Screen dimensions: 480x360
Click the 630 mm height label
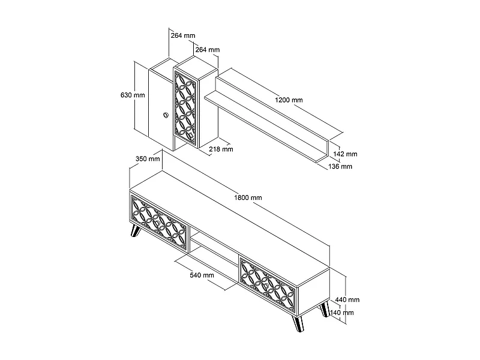click(133, 95)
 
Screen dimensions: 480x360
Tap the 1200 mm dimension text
click(289, 100)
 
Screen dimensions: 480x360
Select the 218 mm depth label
click(221, 149)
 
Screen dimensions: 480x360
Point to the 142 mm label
click(346, 154)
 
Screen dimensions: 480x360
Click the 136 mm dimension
click(340, 167)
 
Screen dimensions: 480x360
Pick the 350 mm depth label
click(148, 159)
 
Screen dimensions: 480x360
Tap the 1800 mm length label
click(248, 198)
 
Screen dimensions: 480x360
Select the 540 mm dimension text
click(202, 275)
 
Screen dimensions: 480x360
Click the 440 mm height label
click(347, 299)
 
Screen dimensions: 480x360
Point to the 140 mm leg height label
click(342, 313)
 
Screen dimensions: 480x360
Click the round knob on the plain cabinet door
click(166, 115)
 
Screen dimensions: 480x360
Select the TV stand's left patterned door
click(159, 224)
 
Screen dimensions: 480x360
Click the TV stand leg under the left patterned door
click(135, 231)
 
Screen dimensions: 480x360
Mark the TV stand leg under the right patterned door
click(298, 324)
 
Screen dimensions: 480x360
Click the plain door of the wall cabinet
click(161, 107)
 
